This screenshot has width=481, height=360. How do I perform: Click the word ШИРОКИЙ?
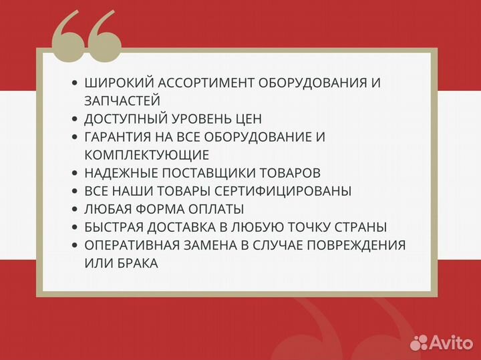(114, 83)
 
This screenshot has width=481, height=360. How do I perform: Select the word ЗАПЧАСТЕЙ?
(122, 101)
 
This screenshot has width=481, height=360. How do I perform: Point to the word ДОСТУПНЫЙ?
(125, 119)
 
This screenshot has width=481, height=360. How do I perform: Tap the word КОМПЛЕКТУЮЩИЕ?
(147, 155)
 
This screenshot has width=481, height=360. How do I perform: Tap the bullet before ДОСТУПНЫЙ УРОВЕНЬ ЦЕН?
(74, 119)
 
